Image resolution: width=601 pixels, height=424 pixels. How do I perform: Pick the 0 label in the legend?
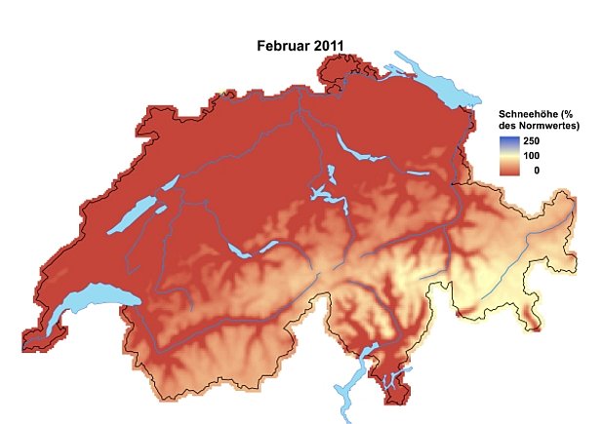click(536, 170)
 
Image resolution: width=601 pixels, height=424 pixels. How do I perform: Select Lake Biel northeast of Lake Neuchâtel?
click(167, 183)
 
